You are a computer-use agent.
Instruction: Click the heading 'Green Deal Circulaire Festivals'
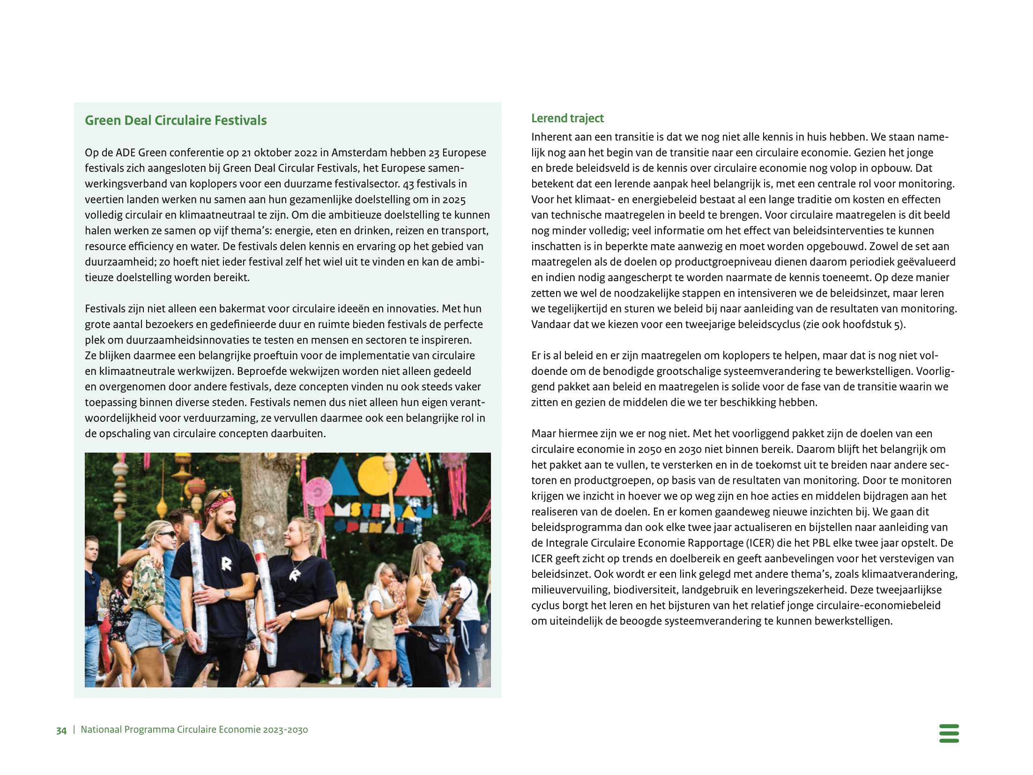176,120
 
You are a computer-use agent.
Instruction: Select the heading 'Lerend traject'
567,118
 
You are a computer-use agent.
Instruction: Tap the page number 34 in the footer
61,730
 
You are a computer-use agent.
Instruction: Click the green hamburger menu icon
949,733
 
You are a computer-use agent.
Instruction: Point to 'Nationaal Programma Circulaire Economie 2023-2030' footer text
194,730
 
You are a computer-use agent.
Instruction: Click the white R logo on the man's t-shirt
226,564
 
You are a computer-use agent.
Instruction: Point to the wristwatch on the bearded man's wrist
227,594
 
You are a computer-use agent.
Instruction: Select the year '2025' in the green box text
454,200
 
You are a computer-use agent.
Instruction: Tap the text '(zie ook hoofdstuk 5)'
854,324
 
